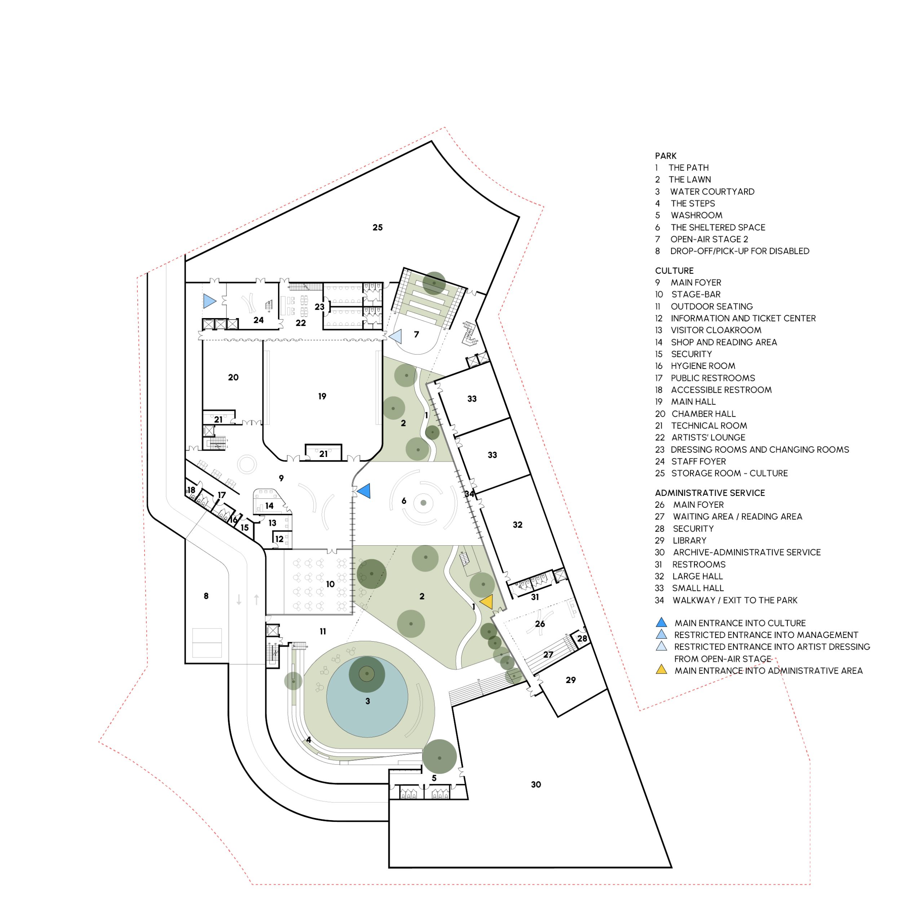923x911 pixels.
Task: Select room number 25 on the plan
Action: click(x=377, y=228)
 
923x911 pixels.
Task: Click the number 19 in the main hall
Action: click(x=322, y=396)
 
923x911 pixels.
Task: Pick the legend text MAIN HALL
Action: click(x=693, y=401)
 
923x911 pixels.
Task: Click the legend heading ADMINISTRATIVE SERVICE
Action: click(x=710, y=493)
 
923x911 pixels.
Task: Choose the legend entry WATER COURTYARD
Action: click(x=712, y=192)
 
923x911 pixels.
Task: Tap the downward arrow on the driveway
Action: click(x=239, y=600)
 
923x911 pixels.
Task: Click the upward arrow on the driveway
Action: click(x=257, y=599)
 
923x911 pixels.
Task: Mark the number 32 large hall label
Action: click(x=517, y=525)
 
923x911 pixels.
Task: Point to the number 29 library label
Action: click(x=570, y=680)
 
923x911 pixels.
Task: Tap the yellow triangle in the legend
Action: click(x=661, y=670)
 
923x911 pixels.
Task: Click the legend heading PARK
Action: click(x=666, y=156)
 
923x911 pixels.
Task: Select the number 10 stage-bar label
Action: click(x=330, y=584)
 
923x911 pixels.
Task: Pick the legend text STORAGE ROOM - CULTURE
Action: click(x=729, y=473)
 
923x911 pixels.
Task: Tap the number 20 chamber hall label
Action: click(x=233, y=378)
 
